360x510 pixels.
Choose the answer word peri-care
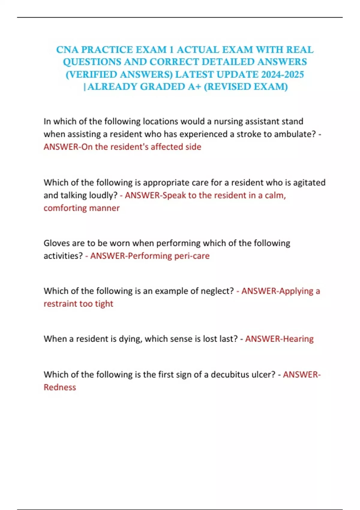pos(192,256)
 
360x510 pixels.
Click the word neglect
pos(217,291)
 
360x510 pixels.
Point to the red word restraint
pos(60,304)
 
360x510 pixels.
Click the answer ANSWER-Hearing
pos(279,339)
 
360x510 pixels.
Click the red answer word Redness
pos(60,387)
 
